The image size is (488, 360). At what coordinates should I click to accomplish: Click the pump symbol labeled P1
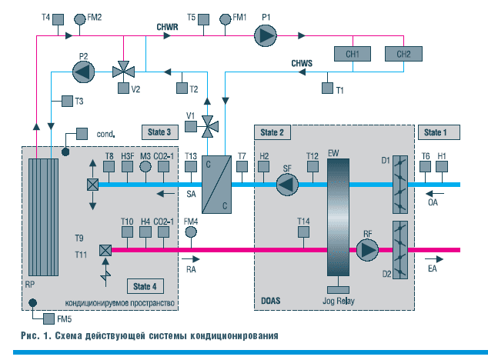point(265,35)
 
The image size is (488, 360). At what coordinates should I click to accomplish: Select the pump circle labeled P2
point(83,72)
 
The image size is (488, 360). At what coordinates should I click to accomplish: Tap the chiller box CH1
point(353,54)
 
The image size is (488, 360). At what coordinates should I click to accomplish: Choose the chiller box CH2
point(403,54)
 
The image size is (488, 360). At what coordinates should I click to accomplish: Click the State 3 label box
point(160,132)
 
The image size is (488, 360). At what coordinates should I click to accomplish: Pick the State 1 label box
point(439,132)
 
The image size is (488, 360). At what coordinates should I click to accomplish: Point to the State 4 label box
point(145,286)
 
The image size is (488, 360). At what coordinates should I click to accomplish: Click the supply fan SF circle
point(287,185)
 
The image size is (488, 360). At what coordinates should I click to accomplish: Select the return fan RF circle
point(367,249)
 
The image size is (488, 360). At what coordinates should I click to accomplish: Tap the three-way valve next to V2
point(124,72)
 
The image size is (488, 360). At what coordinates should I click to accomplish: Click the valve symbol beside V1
point(208,127)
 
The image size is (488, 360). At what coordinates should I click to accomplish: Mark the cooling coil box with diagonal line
point(216,185)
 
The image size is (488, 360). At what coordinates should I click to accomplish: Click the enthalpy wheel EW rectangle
point(338,217)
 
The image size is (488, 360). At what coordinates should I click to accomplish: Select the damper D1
point(400,185)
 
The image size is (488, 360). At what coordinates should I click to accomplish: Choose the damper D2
point(400,250)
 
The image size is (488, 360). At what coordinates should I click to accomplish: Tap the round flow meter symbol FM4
point(191,232)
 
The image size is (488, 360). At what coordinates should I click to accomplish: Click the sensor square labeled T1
point(327,88)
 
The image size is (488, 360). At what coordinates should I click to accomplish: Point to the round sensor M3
point(145,166)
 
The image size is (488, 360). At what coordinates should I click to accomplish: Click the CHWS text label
point(302,64)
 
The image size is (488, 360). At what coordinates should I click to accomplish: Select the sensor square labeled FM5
point(48,318)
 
